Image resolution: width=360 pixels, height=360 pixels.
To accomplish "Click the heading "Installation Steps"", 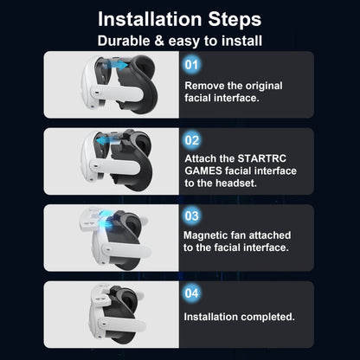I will (x=179, y=18).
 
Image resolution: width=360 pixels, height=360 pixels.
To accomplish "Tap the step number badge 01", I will (x=191, y=64).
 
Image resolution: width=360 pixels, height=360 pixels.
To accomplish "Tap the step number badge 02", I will (x=191, y=139).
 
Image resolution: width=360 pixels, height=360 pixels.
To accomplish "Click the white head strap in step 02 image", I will (x=118, y=164).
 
